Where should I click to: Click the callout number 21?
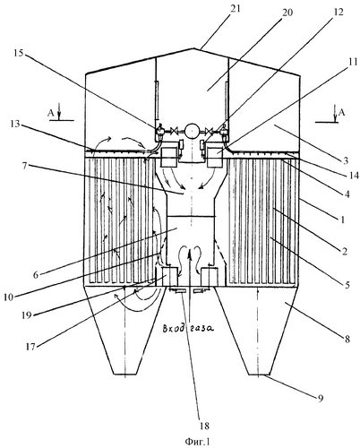coord(235,10)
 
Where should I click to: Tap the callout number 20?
coord(287,13)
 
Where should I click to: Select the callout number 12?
coord(339,12)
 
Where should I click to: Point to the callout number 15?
coord(19,54)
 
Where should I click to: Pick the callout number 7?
coord(24,167)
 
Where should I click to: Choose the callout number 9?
coord(320,399)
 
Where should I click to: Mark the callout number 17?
coord(30,347)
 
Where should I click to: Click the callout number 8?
coord(347,339)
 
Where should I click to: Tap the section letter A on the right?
coord(342,112)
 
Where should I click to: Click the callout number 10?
coord(9,297)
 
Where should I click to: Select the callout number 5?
coord(347,285)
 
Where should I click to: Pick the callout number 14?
coord(354,176)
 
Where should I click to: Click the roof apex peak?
coord(192,48)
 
